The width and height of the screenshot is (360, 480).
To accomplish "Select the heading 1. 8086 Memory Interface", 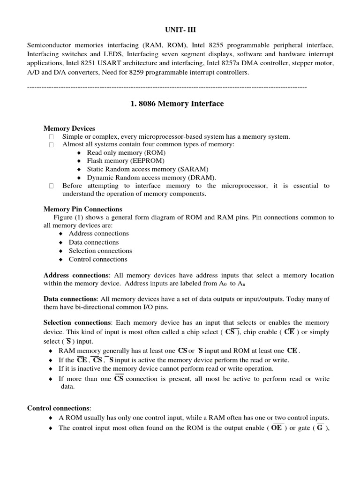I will pos(177,104).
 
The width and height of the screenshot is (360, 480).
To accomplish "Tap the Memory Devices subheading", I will pos(69,128).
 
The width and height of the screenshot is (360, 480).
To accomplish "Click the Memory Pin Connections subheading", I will pos(83,209).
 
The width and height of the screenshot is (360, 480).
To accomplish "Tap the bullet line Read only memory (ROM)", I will pos(126,153).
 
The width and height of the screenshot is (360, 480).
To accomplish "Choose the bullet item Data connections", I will pos(94,242).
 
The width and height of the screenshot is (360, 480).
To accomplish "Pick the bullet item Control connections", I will pos(98,259).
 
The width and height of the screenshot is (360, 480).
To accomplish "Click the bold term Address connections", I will pos(76,275).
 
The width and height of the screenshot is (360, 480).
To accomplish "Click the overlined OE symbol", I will pos(277,428).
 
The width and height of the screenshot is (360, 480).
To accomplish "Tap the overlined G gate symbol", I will pos(320,428).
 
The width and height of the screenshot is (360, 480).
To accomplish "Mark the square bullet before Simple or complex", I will pos(51,136).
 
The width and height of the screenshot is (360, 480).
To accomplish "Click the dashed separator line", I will pos(167,87).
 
